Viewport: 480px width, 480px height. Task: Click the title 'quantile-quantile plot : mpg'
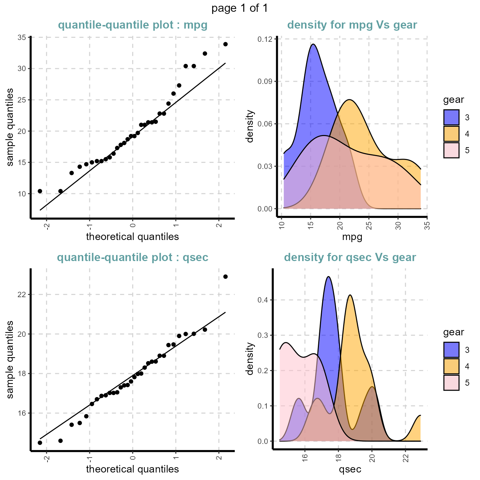pyautogui.click(x=132, y=25)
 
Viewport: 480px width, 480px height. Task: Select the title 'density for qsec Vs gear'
pyautogui.click(x=350, y=257)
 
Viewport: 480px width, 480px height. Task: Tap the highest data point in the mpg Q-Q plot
pyautogui.click(x=225, y=44)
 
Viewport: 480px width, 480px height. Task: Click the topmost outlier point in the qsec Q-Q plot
pyautogui.click(x=225, y=277)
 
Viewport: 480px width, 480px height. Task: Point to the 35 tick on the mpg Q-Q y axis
pyautogui.click(x=22, y=37)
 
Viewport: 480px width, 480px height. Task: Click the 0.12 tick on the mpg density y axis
pyautogui.click(x=265, y=39)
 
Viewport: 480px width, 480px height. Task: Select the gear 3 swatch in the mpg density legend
pyautogui.click(x=451, y=117)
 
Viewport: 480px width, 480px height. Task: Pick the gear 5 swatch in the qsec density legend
pyautogui.click(x=451, y=383)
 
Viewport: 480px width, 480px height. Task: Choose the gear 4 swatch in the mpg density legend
pyautogui.click(x=451, y=134)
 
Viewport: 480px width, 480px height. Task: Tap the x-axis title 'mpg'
pyautogui.click(x=352, y=237)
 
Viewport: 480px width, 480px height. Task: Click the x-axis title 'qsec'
pyautogui.click(x=350, y=469)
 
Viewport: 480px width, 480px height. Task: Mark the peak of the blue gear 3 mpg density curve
pyautogui.click(x=313, y=44)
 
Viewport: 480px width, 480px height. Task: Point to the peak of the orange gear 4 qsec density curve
pyautogui.click(x=350, y=295)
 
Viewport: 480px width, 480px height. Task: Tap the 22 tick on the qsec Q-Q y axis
pyautogui.click(x=22, y=295)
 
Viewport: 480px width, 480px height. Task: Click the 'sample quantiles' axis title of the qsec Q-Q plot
pyautogui.click(x=10, y=359)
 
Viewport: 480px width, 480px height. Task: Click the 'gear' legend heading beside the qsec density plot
pyautogui.click(x=454, y=332)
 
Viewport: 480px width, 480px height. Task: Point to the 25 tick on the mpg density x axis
pyautogui.click(x=369, y=226)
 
